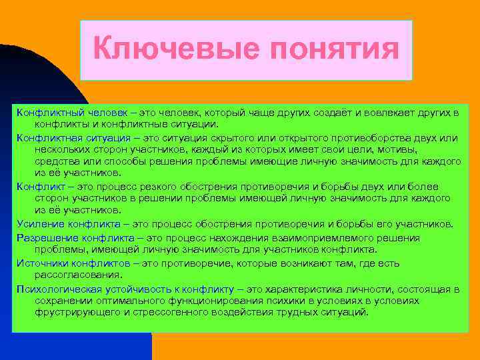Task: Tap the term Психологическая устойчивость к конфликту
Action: pos(125,289)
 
